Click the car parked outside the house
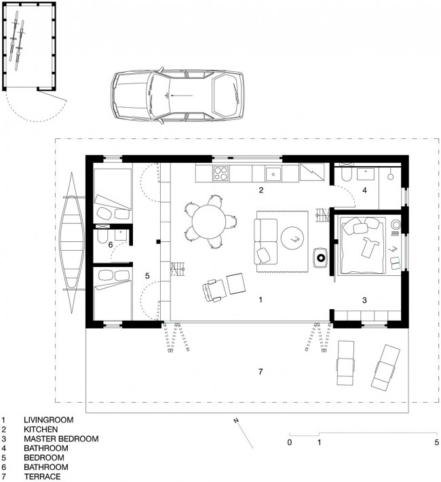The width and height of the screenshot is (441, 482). point(178,96)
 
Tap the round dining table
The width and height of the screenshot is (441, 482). point(209,222)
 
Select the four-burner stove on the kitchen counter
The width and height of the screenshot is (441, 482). point(221,174)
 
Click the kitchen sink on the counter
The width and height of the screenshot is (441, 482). point(273,175)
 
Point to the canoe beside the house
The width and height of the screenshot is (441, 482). point(73,243)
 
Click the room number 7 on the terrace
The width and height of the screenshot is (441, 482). point(261,371)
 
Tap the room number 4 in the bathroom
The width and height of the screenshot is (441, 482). point(364,190)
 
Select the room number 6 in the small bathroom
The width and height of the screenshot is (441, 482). point(110,245)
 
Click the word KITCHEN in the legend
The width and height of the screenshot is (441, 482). point(41,429)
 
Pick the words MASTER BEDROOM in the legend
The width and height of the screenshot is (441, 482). point(61,439)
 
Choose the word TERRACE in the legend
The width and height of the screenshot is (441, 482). point(43,477)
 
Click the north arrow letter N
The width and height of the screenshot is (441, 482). point(236,420)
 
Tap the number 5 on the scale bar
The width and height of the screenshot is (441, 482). point(436,443)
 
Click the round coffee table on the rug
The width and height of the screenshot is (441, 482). point(292,238)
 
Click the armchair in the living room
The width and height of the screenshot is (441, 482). point(214,291)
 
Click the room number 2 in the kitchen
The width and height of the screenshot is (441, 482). point(261,190)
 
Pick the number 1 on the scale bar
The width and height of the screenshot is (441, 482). point(319,443)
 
